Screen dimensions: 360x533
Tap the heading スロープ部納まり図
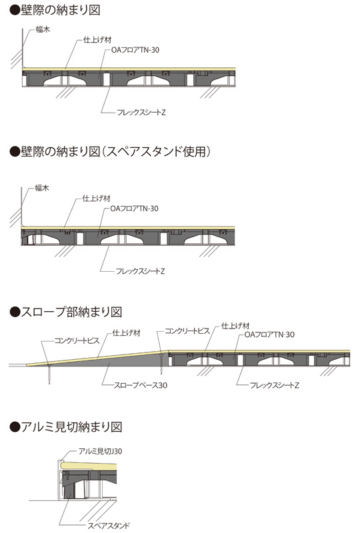[66, 311]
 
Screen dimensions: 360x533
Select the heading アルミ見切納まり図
[66, 426]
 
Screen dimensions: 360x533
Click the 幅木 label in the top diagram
[43, 29]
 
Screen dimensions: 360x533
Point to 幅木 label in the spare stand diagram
[42, 188]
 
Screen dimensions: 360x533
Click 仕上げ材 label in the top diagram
[97, 40]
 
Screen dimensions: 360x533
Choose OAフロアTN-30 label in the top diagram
[135, 50]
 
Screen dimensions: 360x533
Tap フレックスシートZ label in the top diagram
[141, 112]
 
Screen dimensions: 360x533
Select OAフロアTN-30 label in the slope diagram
[269, 334]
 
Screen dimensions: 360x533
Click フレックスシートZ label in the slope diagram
[275, 385]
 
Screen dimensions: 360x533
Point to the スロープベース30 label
[141, 385]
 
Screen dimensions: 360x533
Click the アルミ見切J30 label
[101, 452]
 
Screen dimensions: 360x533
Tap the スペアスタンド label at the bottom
[109, 526]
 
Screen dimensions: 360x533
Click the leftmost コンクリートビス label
[77, 340]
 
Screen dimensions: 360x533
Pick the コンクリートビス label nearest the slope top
[187, 330]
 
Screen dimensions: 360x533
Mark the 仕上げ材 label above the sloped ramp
[127, 333]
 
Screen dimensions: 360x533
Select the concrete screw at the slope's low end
[50, 373]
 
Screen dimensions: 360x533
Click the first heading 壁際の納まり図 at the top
[55, 10]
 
